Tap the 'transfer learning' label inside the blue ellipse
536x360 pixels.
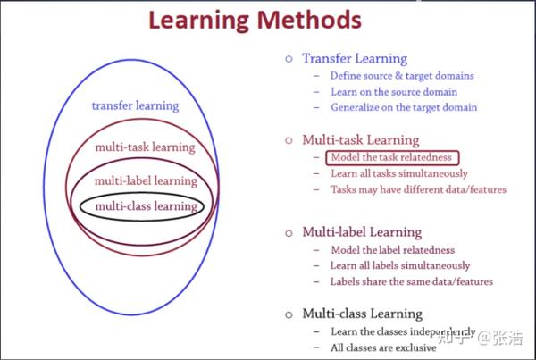tap(135, 105)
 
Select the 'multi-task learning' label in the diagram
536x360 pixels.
tap(146, 147)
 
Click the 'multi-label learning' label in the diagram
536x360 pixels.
tap(146, 180)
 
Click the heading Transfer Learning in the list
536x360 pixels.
tap(354, 58)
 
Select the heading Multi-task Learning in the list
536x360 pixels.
tap(360, 139)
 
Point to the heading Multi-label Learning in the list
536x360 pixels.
tap(362, 232)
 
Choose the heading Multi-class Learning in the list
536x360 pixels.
tap(362, 314)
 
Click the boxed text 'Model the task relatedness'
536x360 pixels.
tap(391, 157)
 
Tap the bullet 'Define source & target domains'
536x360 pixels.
tap(402, 76)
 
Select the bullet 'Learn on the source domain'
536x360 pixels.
tap(394, 92)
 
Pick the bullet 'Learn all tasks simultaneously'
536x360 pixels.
tap(399, 173)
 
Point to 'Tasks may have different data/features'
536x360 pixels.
tap(418, 189)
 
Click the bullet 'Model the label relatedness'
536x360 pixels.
tap(392, 250)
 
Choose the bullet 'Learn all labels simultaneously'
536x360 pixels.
tap(400, 266)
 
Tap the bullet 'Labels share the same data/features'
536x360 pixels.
tap(412, 282)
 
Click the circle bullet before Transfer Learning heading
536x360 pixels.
tap(289, 59)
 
